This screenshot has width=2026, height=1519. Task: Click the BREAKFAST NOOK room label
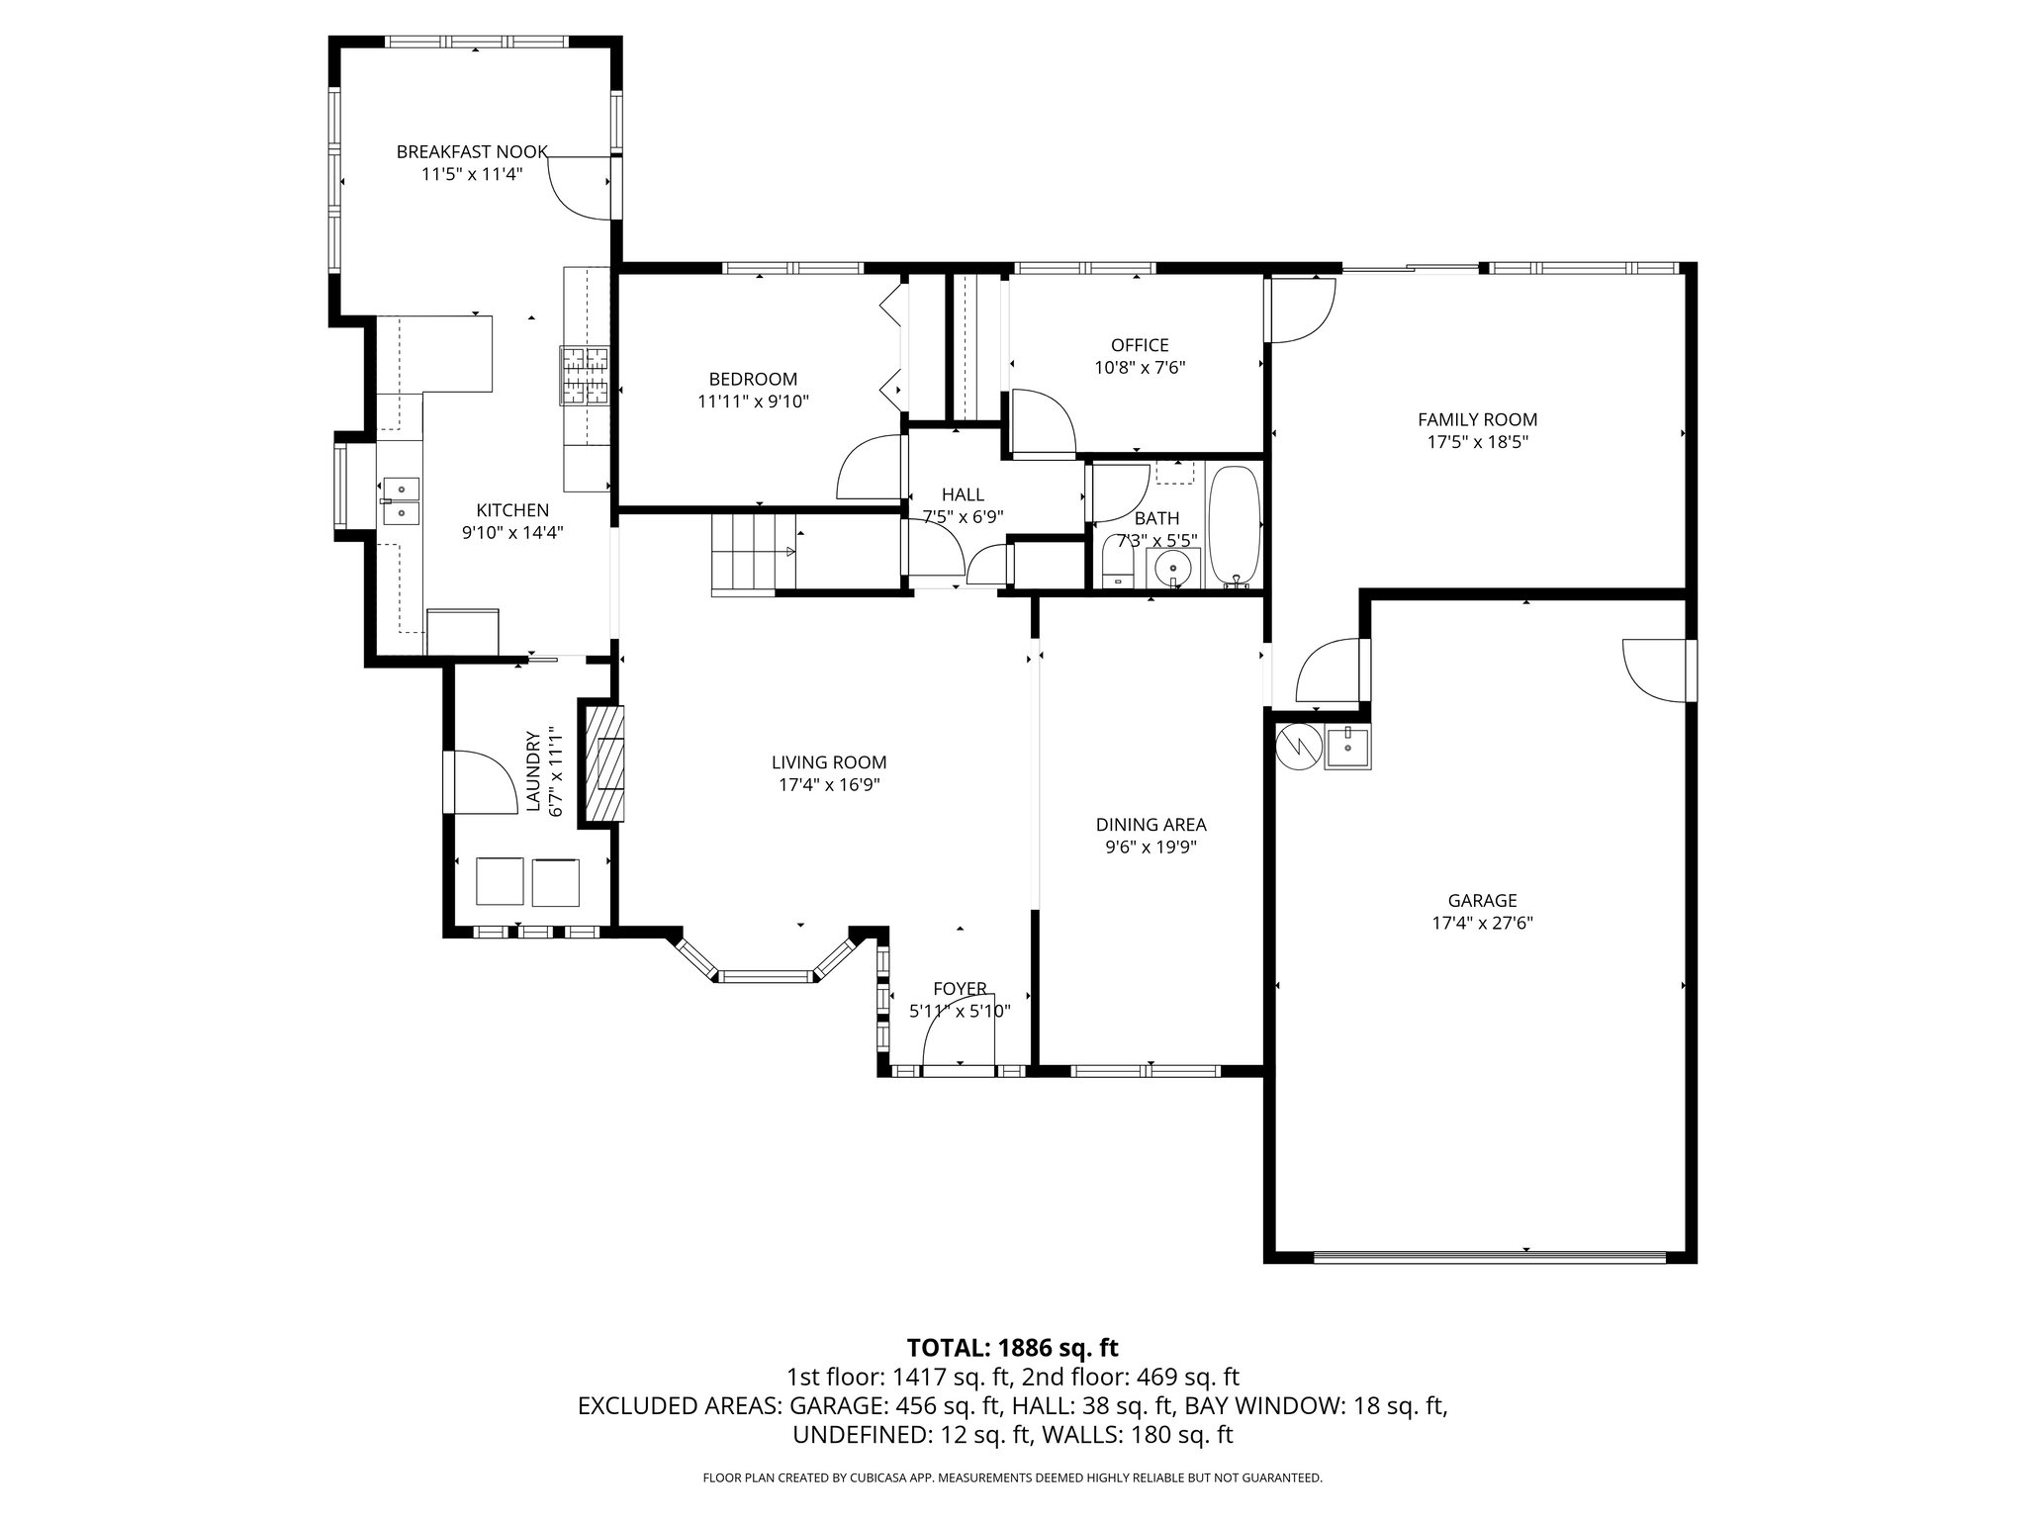point(472,151)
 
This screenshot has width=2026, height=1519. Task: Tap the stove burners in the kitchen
point(585,375)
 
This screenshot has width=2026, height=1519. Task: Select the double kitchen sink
point(401,501)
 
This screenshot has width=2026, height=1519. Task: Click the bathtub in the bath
point(1234,527)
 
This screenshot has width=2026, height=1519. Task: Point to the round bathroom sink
point(1173,570)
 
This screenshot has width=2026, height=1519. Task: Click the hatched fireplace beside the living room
point(605,762)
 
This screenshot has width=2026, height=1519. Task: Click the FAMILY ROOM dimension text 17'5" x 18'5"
point(1477,442)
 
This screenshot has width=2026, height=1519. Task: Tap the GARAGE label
point(1482,901)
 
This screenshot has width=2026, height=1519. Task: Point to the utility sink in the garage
point(1346,747)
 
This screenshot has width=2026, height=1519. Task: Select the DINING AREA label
point(1151,825)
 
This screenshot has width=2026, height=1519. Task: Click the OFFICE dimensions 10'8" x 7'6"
point(1140,368)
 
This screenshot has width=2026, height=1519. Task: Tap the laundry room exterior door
point(480,781)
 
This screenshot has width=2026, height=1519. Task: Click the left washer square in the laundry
point(499,881)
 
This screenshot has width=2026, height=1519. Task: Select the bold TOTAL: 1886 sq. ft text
point(1012,1347)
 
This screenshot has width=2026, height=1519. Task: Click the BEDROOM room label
point(753,379)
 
